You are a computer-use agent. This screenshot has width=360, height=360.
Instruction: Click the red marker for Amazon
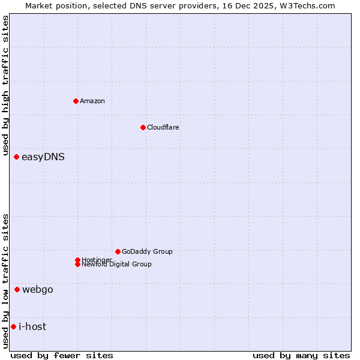[76, 101]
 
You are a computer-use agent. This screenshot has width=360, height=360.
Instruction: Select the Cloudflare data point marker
[143, 127]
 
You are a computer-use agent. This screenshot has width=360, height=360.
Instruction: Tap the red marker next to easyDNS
[16, 157]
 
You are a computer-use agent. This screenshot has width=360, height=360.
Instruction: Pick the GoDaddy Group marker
[118, 251]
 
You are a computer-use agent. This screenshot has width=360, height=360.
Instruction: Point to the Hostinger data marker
[77, 260]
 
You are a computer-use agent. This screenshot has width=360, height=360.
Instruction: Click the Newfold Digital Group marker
[77, 264]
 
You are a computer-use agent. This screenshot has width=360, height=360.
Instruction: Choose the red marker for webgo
[17, 290]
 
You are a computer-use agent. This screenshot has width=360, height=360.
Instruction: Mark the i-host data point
[13, 327]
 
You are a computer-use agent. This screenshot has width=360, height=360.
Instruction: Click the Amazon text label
[92, 101]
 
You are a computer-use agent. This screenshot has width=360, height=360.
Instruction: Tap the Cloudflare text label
[163, 127]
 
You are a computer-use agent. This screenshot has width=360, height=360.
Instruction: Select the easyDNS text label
[43, 157]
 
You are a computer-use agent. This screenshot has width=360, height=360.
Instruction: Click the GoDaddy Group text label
[147, 251]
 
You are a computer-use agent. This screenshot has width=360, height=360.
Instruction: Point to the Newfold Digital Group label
[117, 265]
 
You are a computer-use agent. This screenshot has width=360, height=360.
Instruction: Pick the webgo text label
[38, 290]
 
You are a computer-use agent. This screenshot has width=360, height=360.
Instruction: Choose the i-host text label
[32, 327]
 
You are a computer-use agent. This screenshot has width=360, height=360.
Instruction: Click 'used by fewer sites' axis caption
[62, 355]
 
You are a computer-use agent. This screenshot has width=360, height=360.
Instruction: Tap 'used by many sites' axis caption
[301, 355]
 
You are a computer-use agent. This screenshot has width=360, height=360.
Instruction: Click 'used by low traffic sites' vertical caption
[6, 281]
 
